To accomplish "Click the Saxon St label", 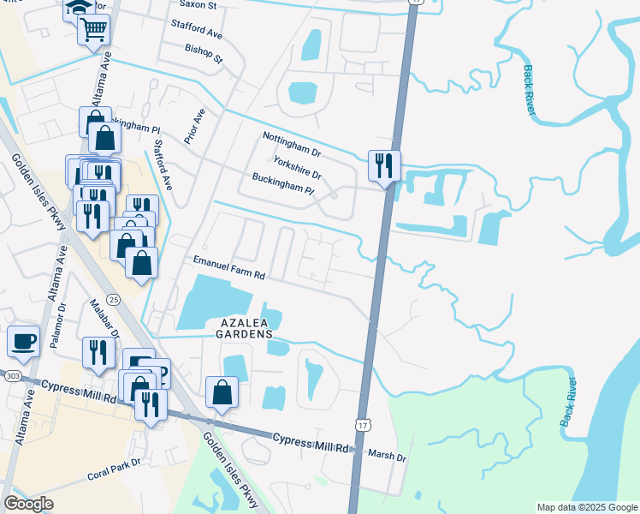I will coord(198,4).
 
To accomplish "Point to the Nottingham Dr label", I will coord(291,145).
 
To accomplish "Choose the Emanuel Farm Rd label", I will coord(230,269).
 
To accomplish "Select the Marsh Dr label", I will coord(387,456).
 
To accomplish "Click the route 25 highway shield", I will coord(114,298).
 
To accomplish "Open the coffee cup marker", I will coord(23,341).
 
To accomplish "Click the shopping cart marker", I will coord(93,32).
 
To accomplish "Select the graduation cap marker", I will coord(75,8).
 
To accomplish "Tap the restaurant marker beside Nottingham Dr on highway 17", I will coord(383,164).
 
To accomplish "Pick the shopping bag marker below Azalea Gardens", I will coord(222,393).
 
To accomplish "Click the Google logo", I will coord(28,504).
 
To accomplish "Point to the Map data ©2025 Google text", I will coord(586,507).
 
